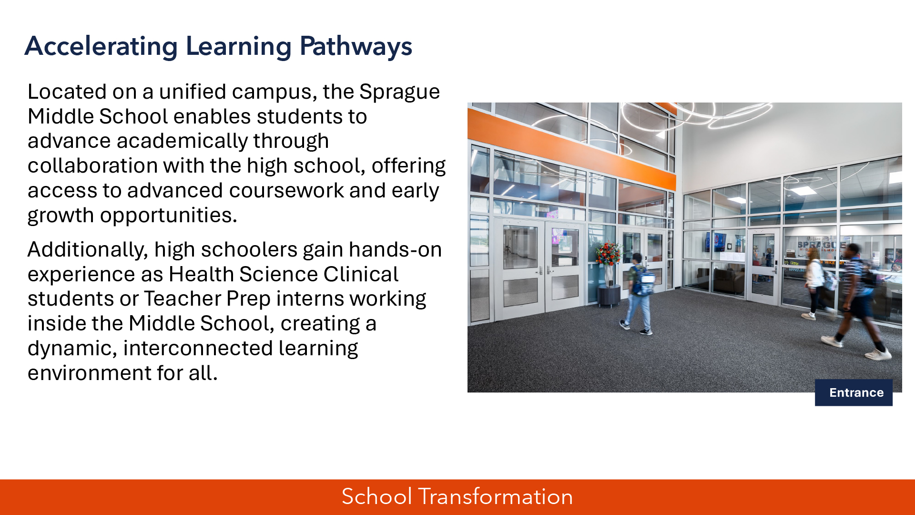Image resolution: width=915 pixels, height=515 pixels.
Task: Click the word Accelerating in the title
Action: coord(101,47)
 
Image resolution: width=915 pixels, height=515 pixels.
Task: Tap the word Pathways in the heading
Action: coord(356,47)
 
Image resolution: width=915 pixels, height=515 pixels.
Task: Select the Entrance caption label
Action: coord(854,392)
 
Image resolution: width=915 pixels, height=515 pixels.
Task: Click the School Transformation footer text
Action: coord(457,496)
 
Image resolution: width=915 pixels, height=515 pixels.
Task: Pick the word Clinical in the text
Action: coord(361,274)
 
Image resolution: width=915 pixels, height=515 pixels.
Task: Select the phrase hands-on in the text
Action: coord(395,249)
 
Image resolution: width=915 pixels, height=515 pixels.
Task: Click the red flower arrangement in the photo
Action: coord(608,253)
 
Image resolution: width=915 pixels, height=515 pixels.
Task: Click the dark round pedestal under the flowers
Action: coord(610,296)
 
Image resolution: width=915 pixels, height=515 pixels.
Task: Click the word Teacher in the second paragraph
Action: coord(183,299)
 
